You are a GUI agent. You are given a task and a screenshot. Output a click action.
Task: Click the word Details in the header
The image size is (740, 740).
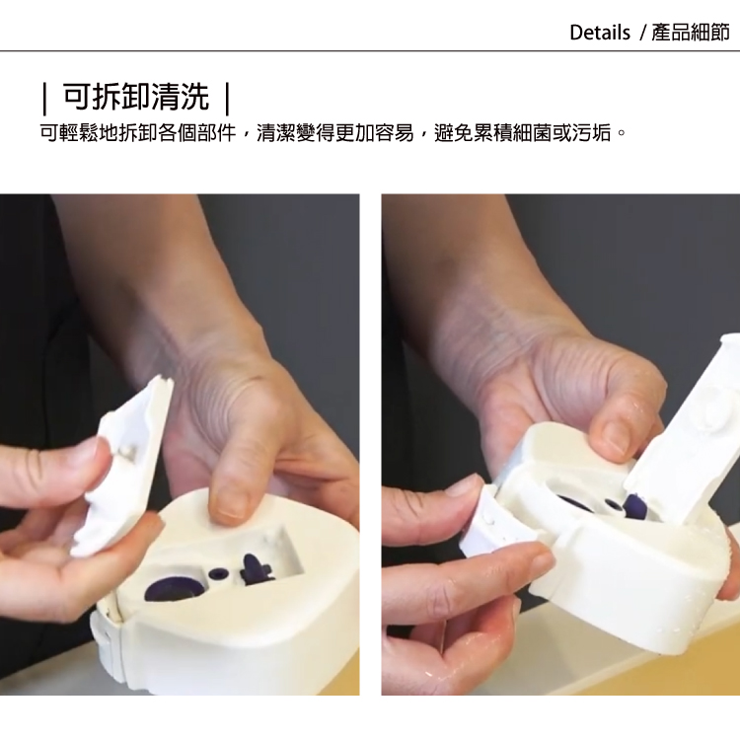tap(600, 33)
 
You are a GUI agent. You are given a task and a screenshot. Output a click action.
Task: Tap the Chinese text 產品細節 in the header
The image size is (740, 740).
tap(691, 33)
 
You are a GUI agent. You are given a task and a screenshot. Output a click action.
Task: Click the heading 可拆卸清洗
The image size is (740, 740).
tap(136, 97)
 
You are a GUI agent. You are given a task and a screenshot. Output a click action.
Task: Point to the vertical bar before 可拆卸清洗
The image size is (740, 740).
tap(44, 98)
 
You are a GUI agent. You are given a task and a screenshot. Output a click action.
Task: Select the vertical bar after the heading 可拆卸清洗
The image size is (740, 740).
tap(228, 98)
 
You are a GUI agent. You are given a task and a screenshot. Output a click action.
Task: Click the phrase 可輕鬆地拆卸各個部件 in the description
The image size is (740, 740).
tap(138, 133)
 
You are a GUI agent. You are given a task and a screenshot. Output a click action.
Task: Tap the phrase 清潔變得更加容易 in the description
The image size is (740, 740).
tap(334, 133)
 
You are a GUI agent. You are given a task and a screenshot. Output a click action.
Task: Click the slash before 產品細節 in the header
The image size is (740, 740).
tap(642, 33)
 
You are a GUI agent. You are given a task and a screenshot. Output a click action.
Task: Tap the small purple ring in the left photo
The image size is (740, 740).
tap(218, 574)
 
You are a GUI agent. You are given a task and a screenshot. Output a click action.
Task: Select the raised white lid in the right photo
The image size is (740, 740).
tap(685, 424)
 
